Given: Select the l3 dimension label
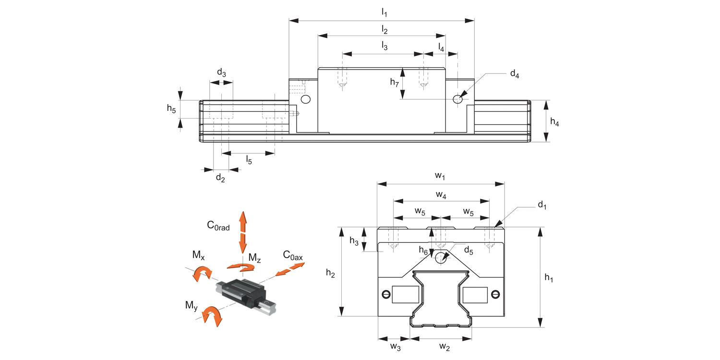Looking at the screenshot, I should pos(384,46).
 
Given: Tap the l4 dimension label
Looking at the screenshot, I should pos(441,47).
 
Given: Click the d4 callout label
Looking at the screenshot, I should pos(514,74).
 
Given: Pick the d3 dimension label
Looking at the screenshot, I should pos(221,73).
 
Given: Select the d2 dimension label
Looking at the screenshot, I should pos(220,178).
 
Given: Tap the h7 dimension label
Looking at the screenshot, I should pos(395,83).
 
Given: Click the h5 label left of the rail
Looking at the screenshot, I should pos(171,108).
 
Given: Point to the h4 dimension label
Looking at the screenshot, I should pos(554,122).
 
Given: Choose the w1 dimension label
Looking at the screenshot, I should pos(440,176).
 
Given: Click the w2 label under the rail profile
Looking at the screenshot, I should pos(444,346).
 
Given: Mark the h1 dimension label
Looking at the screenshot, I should pos(549,278).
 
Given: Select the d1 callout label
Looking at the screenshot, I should pos(542,205).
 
